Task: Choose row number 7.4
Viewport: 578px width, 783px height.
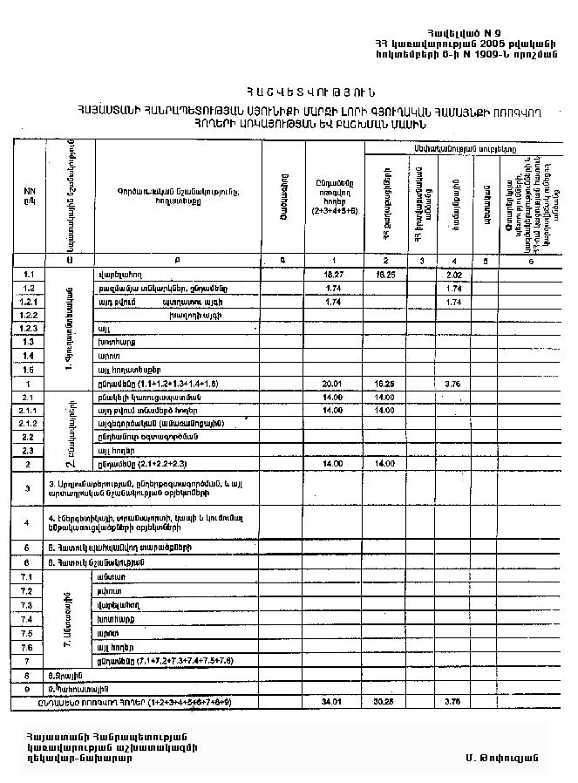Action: tap(26, 618)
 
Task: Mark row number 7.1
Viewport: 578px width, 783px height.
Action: tap(26, 577)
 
